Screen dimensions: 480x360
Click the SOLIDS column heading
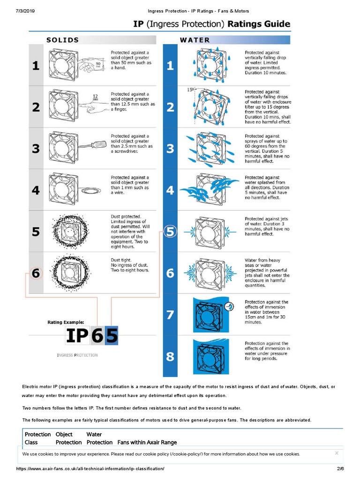pos(62,40)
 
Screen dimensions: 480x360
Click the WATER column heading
pos(195,40)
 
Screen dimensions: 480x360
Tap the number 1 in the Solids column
pos(36,66)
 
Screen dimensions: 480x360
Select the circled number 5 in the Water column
pos(170,232)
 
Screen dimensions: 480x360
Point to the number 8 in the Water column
pos(170,356)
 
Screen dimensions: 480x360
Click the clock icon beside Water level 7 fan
pos(229,306)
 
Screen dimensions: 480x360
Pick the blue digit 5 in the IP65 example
pos(112,336)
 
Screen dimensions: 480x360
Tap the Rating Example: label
pos(66,322)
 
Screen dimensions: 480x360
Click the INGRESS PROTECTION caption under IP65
pos(77,355)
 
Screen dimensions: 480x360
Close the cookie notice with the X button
pos(337,453)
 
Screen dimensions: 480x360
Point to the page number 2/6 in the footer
pos(340,469)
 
